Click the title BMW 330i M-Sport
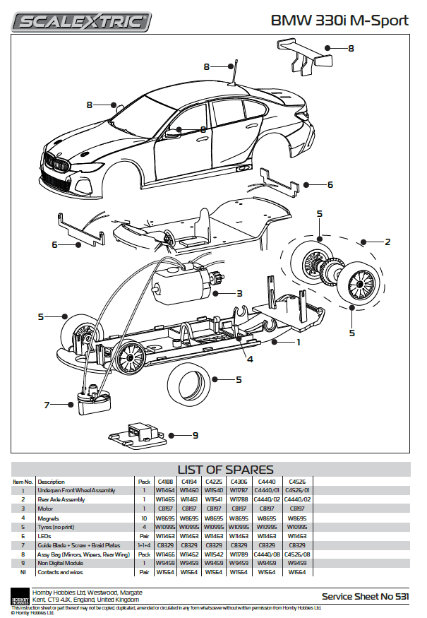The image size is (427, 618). pyautogui.click(x=340, y=20)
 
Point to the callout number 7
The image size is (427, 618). pyautogui.click(x=47, y=405)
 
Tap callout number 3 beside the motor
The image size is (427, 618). pyautogui.click(x=239, y=293)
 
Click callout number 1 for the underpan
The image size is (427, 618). pyautogui.click(x=299, y=342)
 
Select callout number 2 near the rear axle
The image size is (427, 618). pyautogui.click(x=387, y=242)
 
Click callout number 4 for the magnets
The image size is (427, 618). pyautogui.click(x=250, y=359)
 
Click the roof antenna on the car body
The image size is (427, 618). pyautogui.click(x=234, y=72)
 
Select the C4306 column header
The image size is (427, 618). pyautogui.click(x=239, y=482)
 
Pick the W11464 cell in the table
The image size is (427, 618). pyautogui.click(x=164, y=490)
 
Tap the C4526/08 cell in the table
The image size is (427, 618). pyautogui.click(x=296, y=554)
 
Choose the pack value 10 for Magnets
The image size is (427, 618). pyautogui.click(x=144, y=518)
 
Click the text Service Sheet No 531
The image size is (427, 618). pyautogui.click(x=365, y=597)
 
